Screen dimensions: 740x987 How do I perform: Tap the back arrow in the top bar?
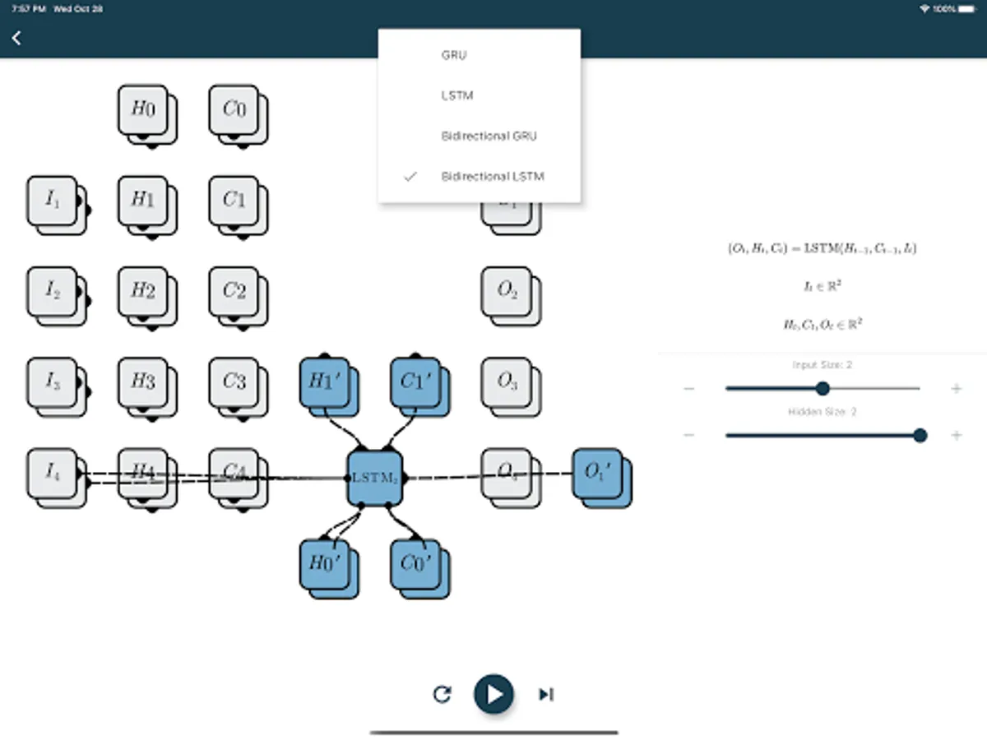[16, 38]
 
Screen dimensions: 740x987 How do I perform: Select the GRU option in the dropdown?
[453, 55]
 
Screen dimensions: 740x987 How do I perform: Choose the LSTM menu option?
[456, 95]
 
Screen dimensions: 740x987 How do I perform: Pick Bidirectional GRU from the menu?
[489, 136]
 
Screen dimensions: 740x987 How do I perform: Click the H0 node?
[143, 110]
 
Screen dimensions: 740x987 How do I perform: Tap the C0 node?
[234, 110]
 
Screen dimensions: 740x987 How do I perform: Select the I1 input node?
[53, 201]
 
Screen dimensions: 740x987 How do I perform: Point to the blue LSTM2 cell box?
[374, 477]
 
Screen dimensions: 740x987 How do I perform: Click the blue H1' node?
[325, 382]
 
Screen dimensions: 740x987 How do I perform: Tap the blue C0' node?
[416, 563]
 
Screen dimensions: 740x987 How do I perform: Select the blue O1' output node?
[597, 474]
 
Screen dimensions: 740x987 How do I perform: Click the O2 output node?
[507, 291]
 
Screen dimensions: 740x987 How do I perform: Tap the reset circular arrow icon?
[442, 695]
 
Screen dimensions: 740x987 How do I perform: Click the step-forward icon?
[545, 695]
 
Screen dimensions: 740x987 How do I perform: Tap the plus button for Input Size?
[956, 388]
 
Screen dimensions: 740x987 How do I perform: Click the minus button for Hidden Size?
[689, 435]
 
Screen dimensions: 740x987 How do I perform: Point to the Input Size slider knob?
[822, 388]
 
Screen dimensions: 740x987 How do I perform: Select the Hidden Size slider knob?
[920, 435]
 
